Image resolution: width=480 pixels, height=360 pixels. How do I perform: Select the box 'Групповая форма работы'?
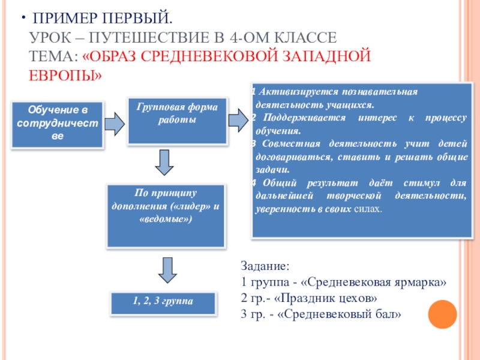(177, 120)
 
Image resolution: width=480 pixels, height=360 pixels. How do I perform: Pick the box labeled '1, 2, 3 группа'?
(163, 304)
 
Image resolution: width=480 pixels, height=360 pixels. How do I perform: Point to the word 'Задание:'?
(265, 265)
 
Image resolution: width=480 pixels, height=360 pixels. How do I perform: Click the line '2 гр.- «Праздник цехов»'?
(308, 298)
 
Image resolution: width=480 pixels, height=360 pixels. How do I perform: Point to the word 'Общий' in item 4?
(277, 184)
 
